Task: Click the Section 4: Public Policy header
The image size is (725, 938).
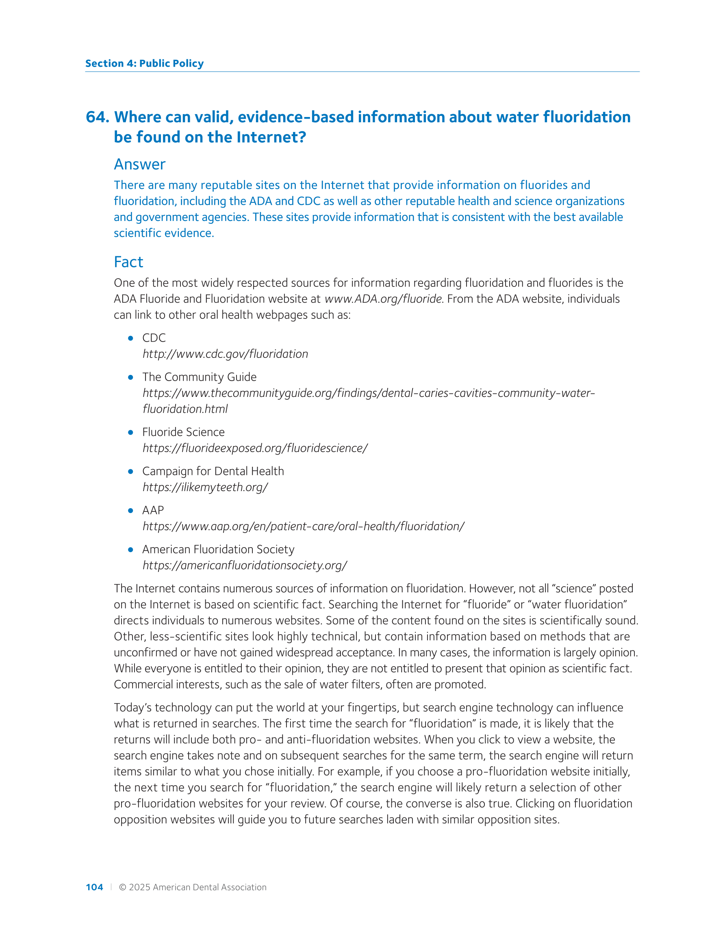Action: pos(144,63)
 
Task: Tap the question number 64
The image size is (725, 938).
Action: pos(98,117)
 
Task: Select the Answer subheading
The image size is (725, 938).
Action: pos(140,165)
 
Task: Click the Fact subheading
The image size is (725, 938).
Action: pos(128,262)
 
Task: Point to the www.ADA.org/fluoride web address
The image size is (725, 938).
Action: pos(383,299)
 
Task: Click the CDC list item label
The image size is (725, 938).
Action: pos(154,338)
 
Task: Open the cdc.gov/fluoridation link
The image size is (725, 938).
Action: pos(225,354)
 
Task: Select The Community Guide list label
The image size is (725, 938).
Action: pos(200,377)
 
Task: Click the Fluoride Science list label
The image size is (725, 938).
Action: pos(184,432)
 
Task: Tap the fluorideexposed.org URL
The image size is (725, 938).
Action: pos(255,448)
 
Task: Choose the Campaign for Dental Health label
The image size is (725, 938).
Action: pos(213,471)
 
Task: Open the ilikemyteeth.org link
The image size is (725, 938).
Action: pos(205,487)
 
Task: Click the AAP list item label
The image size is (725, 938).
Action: pos(153,510)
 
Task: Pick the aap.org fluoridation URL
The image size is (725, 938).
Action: pos(304,526)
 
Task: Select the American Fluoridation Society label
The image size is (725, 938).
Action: pos(218,549)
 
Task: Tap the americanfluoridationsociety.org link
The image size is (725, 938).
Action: pos(245,565)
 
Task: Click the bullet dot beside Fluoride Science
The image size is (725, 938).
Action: pos(130,433)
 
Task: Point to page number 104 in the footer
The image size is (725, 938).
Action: pos(95,887)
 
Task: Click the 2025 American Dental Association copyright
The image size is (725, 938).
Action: pos(193,887)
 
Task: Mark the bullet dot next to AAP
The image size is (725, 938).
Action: pos(130,511)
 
